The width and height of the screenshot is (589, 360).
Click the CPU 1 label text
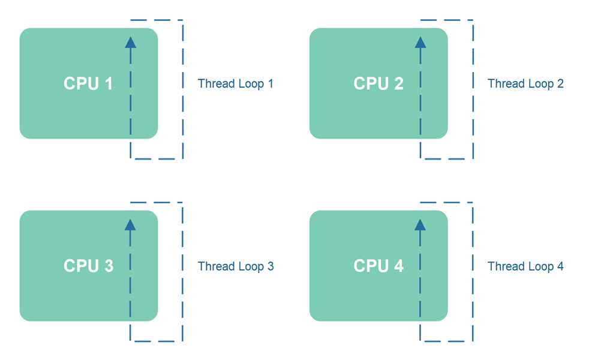click(88, 83)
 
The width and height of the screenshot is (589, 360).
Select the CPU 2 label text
click(378, 83)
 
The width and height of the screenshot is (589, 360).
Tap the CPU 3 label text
click(88, 266)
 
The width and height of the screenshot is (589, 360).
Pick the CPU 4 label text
click(378, 266)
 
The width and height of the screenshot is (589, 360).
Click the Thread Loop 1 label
click(235, 83)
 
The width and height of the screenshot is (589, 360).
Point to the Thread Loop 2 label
click(525, 83)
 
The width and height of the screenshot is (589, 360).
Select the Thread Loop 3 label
click(235, 266)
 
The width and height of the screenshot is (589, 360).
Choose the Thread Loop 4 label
click(525, 266)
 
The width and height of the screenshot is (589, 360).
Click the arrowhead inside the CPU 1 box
click(130, 42)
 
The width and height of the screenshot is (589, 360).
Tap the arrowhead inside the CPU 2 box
click(420, 42)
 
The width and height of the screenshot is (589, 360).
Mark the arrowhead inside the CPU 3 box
click(130, 224)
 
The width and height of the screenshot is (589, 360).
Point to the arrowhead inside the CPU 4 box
click(420, 224)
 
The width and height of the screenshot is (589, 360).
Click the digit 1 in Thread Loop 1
click(270, 83)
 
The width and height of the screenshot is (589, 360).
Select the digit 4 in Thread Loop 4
click(560, 266)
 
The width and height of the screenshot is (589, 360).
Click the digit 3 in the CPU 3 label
click(109, 266)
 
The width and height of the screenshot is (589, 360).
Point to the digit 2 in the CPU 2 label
click(398, 83)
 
